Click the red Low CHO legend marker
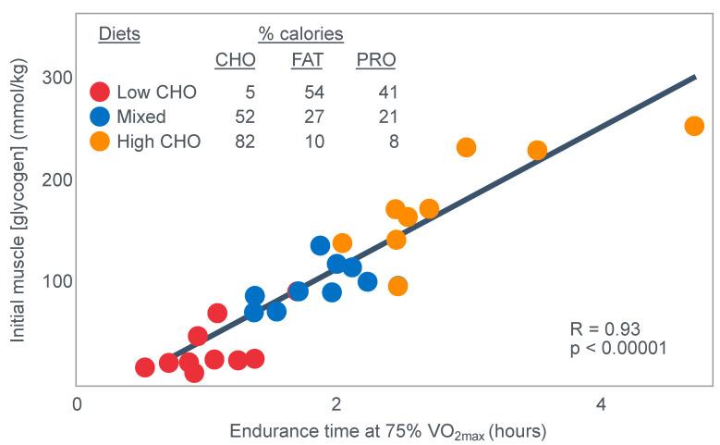point(100,93)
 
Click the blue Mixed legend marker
point(100,117)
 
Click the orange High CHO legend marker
point(100,142)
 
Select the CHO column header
point(235,60)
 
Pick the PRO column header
point(376,60)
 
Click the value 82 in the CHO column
point(244,142)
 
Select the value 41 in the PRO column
point(385,93)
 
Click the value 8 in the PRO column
point(391,142)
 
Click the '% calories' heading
point(300,34)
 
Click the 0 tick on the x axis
point(77,404)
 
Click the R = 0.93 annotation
point(605,329)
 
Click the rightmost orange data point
point(694,126)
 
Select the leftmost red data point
point(144,367)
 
